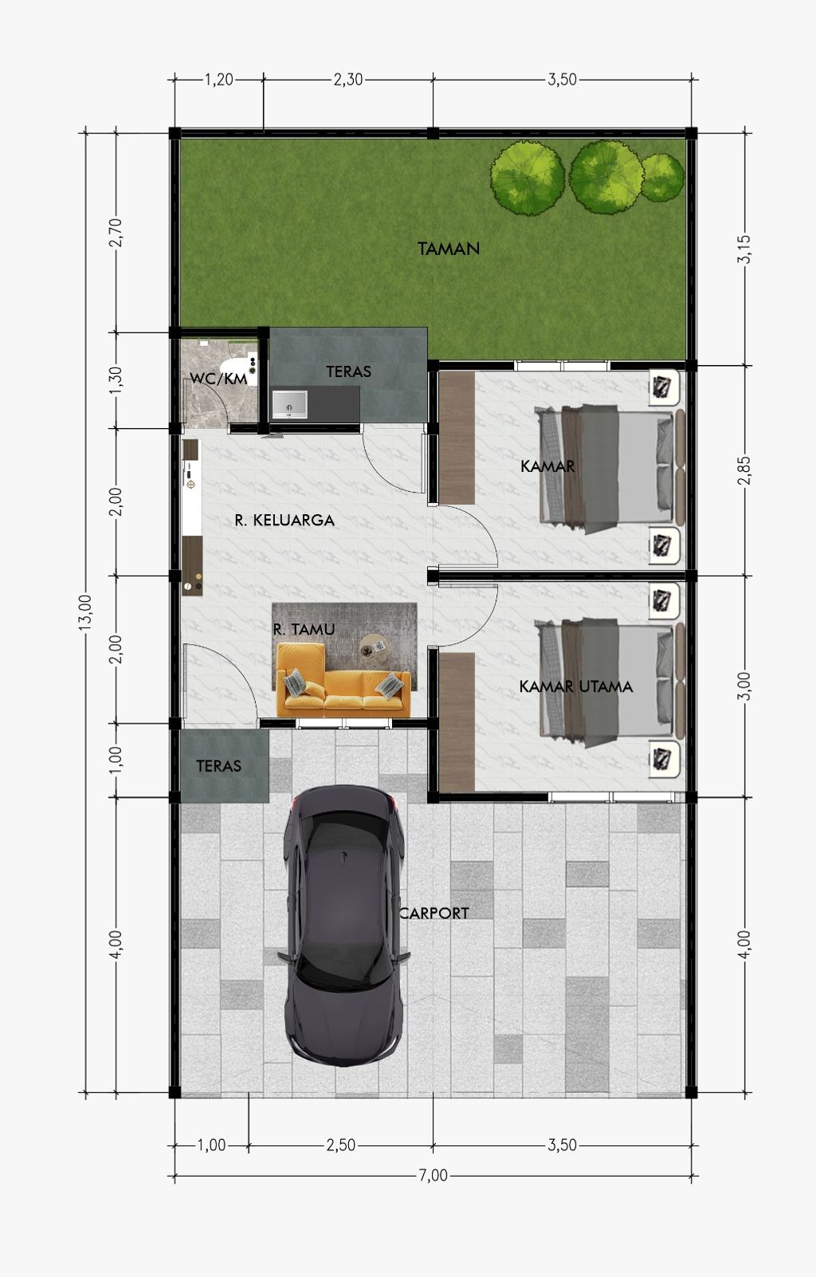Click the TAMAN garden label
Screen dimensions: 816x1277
point(449,249)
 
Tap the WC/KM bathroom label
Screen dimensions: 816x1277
point(219,379)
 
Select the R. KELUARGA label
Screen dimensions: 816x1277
point(284,520)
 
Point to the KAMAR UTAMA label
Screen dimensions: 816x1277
point(575,686)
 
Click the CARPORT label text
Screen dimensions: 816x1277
point(433,914)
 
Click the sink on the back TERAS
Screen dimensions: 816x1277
point(289,405)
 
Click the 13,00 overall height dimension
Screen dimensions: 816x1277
point(85,613)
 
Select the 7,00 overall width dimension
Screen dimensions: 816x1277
point(433,1176)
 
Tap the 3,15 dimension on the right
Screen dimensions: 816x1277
point(745,250)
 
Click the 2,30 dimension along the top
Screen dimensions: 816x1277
point(348,80)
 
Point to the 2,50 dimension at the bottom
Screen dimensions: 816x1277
point(341,1145)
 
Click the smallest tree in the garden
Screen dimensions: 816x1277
point(663,177)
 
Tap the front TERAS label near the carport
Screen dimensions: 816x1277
point(219,766)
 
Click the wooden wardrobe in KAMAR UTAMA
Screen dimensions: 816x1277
point(457,722)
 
